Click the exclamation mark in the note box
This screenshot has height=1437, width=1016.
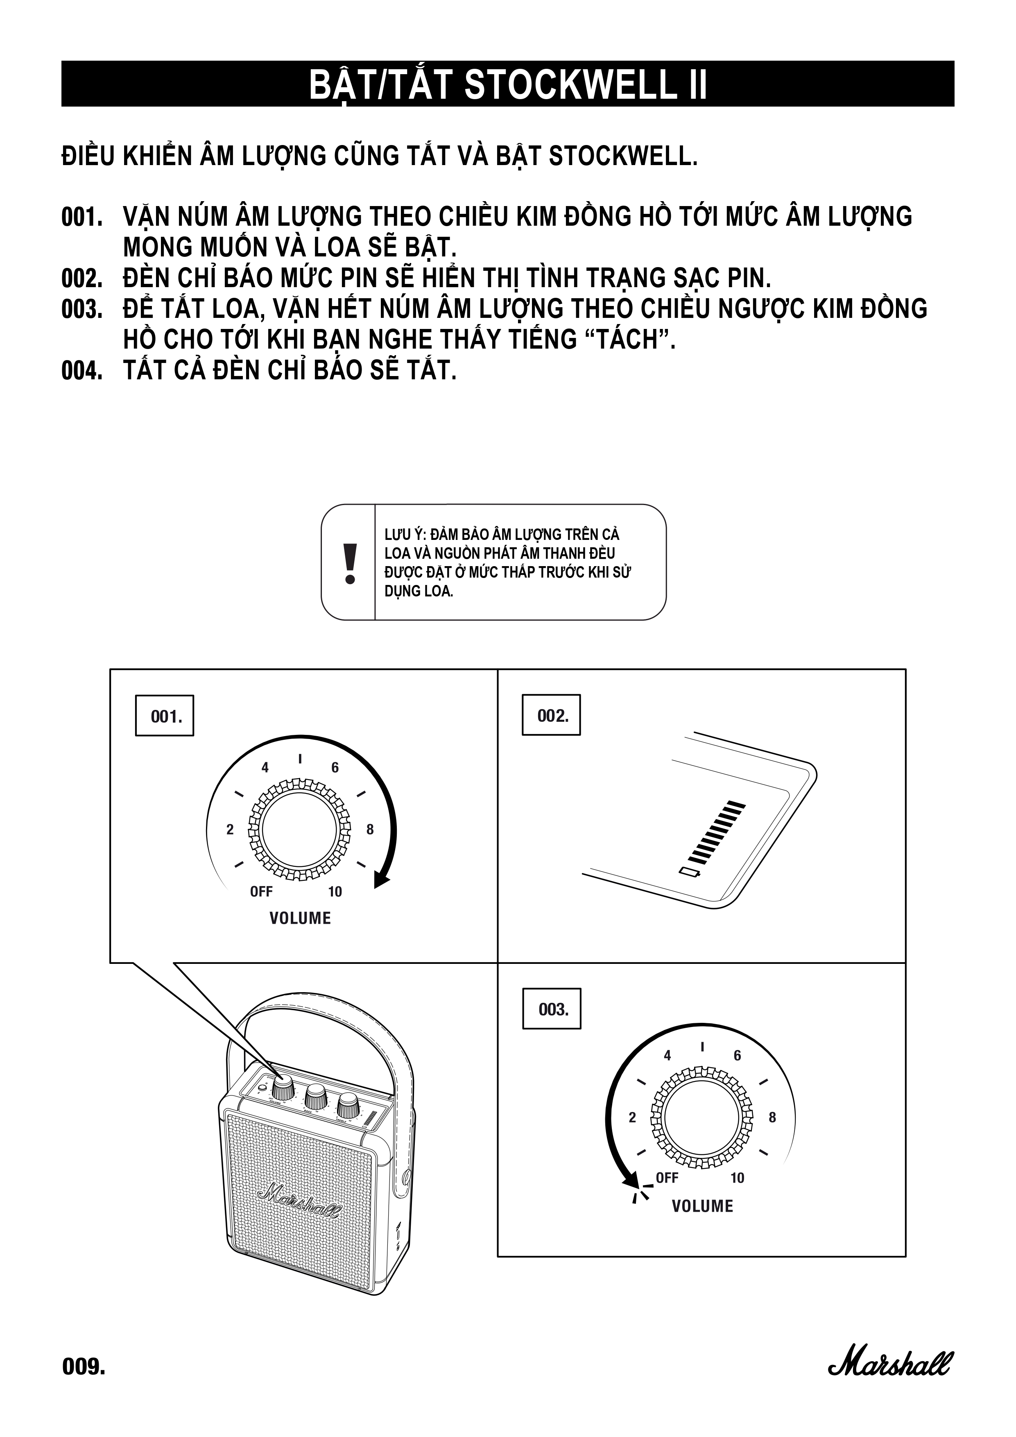tap(350, 563)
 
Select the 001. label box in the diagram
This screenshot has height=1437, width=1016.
tap(165, 716)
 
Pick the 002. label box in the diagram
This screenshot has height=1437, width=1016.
tap(552, 715)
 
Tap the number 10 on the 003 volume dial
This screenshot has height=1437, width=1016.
tap(737, 1178)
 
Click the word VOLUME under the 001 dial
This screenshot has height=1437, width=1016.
tap(300, 918)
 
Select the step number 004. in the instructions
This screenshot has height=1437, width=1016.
tap(82, 371)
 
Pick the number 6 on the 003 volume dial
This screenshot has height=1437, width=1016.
tap(737, 1056)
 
